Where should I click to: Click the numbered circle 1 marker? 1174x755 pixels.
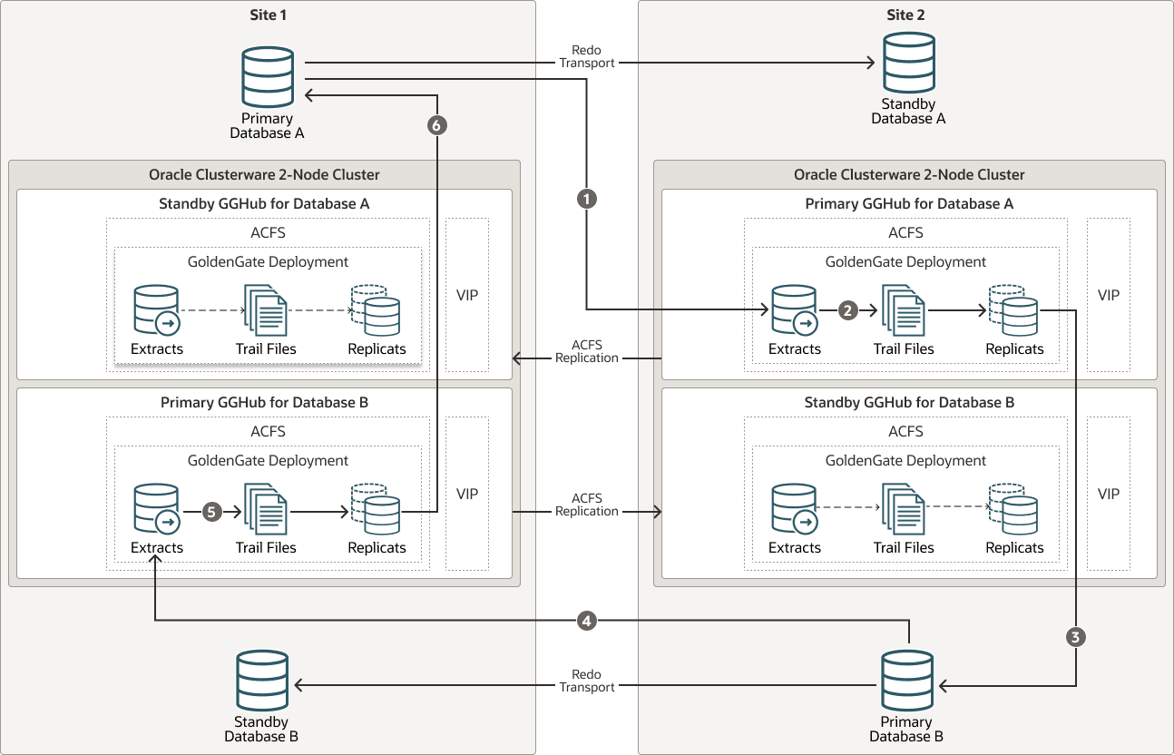click(x=587, y=197)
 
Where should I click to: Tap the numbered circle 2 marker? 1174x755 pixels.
click(x=848, y=310)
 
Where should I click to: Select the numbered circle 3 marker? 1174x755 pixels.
click(x=1076, y=637)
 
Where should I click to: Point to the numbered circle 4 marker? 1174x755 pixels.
click(x=587, y=621)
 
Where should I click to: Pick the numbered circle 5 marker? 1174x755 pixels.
click(x=211, y=512)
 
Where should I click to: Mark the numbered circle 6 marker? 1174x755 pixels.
click(x=437, y=126)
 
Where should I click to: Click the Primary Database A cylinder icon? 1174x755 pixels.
click(x=268, y=77)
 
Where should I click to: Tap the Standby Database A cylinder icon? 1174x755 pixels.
click(x=908, y=63)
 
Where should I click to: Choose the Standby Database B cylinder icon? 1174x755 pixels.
click(x=262, y=681)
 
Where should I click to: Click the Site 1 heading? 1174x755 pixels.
click(x=268, y=15)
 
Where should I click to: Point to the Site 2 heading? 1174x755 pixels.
click(x=905, y=15)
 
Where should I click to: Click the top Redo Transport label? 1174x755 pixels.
click(x=587, y=56)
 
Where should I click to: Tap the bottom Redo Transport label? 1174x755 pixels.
click(x=587, y=681)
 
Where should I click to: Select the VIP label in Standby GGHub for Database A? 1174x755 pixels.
click(x=467, y=295)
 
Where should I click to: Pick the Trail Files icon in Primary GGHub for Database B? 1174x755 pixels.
click(x=266, y=511)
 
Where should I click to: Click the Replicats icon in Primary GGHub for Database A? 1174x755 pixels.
click(x=1013, y=310)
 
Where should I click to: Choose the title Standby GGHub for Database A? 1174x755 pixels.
click(x=265, y=203)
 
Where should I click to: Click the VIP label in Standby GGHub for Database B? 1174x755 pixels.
click(x=1109, y=494)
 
